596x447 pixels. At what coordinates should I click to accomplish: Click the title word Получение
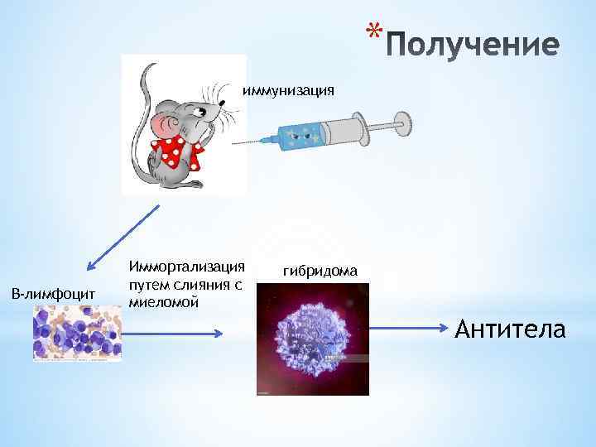pyautogui.click(x=473, y=45)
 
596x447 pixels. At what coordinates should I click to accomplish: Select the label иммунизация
pyautogui.click(x=288, y=89)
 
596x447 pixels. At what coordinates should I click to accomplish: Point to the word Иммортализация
pyautogui.click(x=187, y=266)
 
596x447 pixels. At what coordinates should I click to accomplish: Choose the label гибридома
pyautogui.click(x=320, y=271)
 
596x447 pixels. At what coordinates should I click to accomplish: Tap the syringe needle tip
pyautogui.click(x=236, y=143)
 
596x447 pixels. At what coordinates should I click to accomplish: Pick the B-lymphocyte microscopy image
pyautogui.click(x=77, y=332)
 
